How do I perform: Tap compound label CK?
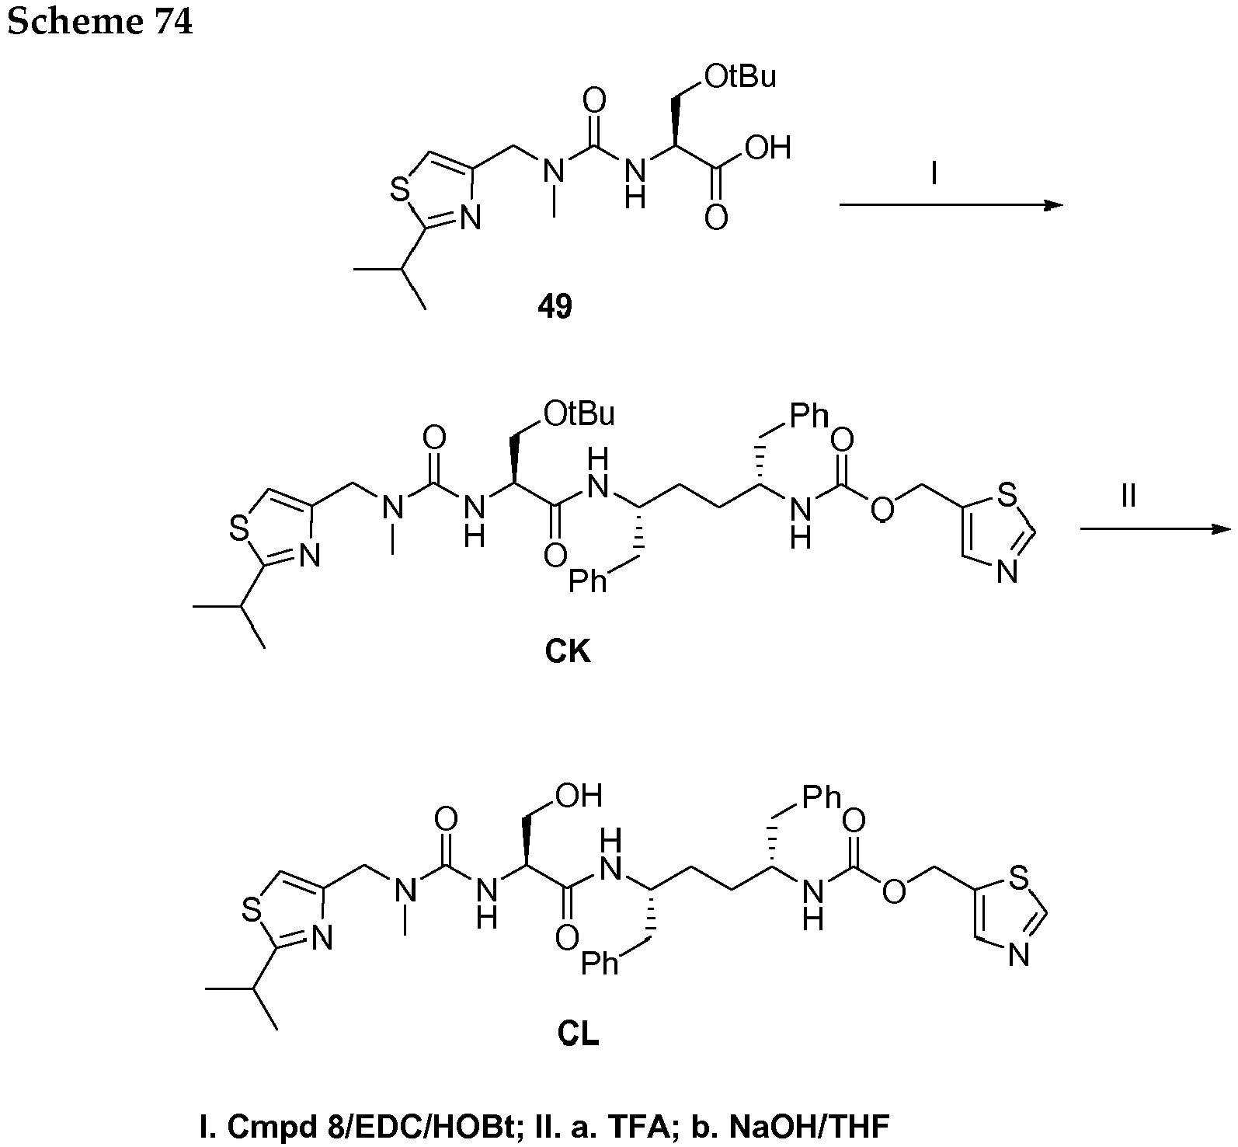pyautogui.click(x=568, y=651)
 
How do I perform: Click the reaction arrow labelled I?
pyautogui.click(x=951, y=205)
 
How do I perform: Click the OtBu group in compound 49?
pyautogui.click(x=740, y=77)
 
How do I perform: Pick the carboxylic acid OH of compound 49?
pyautogui.click(x=767, y=148)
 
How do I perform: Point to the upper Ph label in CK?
pyautogui.click(x=809, y=417)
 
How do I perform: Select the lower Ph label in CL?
pyautogui.click(x=600, y=964)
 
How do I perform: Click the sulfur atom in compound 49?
pyautogui.click(x=400, y=190)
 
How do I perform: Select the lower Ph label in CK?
pyautogui.click(x=588, y=580)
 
